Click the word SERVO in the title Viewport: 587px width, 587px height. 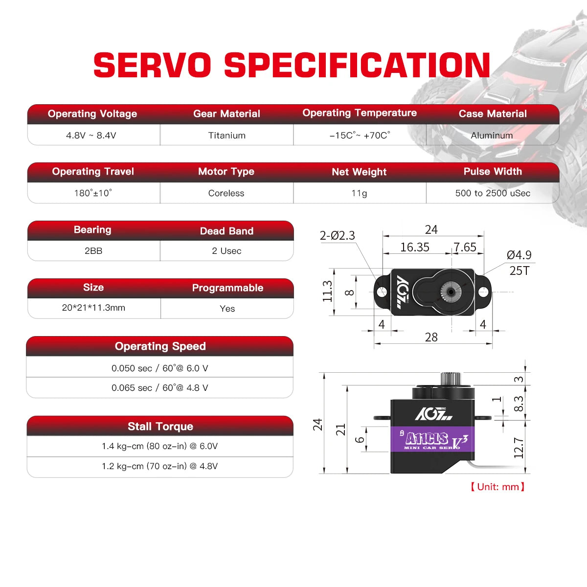tap(152, 65)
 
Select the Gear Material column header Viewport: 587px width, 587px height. tap(226, 113)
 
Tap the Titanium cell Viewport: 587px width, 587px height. tap(226, 135)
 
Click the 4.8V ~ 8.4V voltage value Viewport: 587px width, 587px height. tap(91, 135)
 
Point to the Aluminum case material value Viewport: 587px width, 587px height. tap(492, 135)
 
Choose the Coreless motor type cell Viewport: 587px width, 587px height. tap(226, 193)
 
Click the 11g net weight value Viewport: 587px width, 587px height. tap(359, 193)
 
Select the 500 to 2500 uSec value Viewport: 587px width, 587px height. tap(493, 193)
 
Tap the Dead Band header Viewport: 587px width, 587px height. tap(226, 231)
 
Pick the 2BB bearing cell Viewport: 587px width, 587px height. tap(93, 251)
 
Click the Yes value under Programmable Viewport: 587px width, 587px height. tap(227, 309)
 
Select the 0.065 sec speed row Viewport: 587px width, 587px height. tap(159, 388)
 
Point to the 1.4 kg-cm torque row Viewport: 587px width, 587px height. tap(159, 446)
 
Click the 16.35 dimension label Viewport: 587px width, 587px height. tap(415, 247)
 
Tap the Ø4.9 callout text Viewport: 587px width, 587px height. tap(519, 255)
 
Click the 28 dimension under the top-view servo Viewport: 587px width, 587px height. tap(431, 337)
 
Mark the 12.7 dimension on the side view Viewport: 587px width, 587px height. tap(519, 448)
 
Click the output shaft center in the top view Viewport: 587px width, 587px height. tap(451, 292)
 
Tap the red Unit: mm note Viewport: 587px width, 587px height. tap(497, 487)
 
